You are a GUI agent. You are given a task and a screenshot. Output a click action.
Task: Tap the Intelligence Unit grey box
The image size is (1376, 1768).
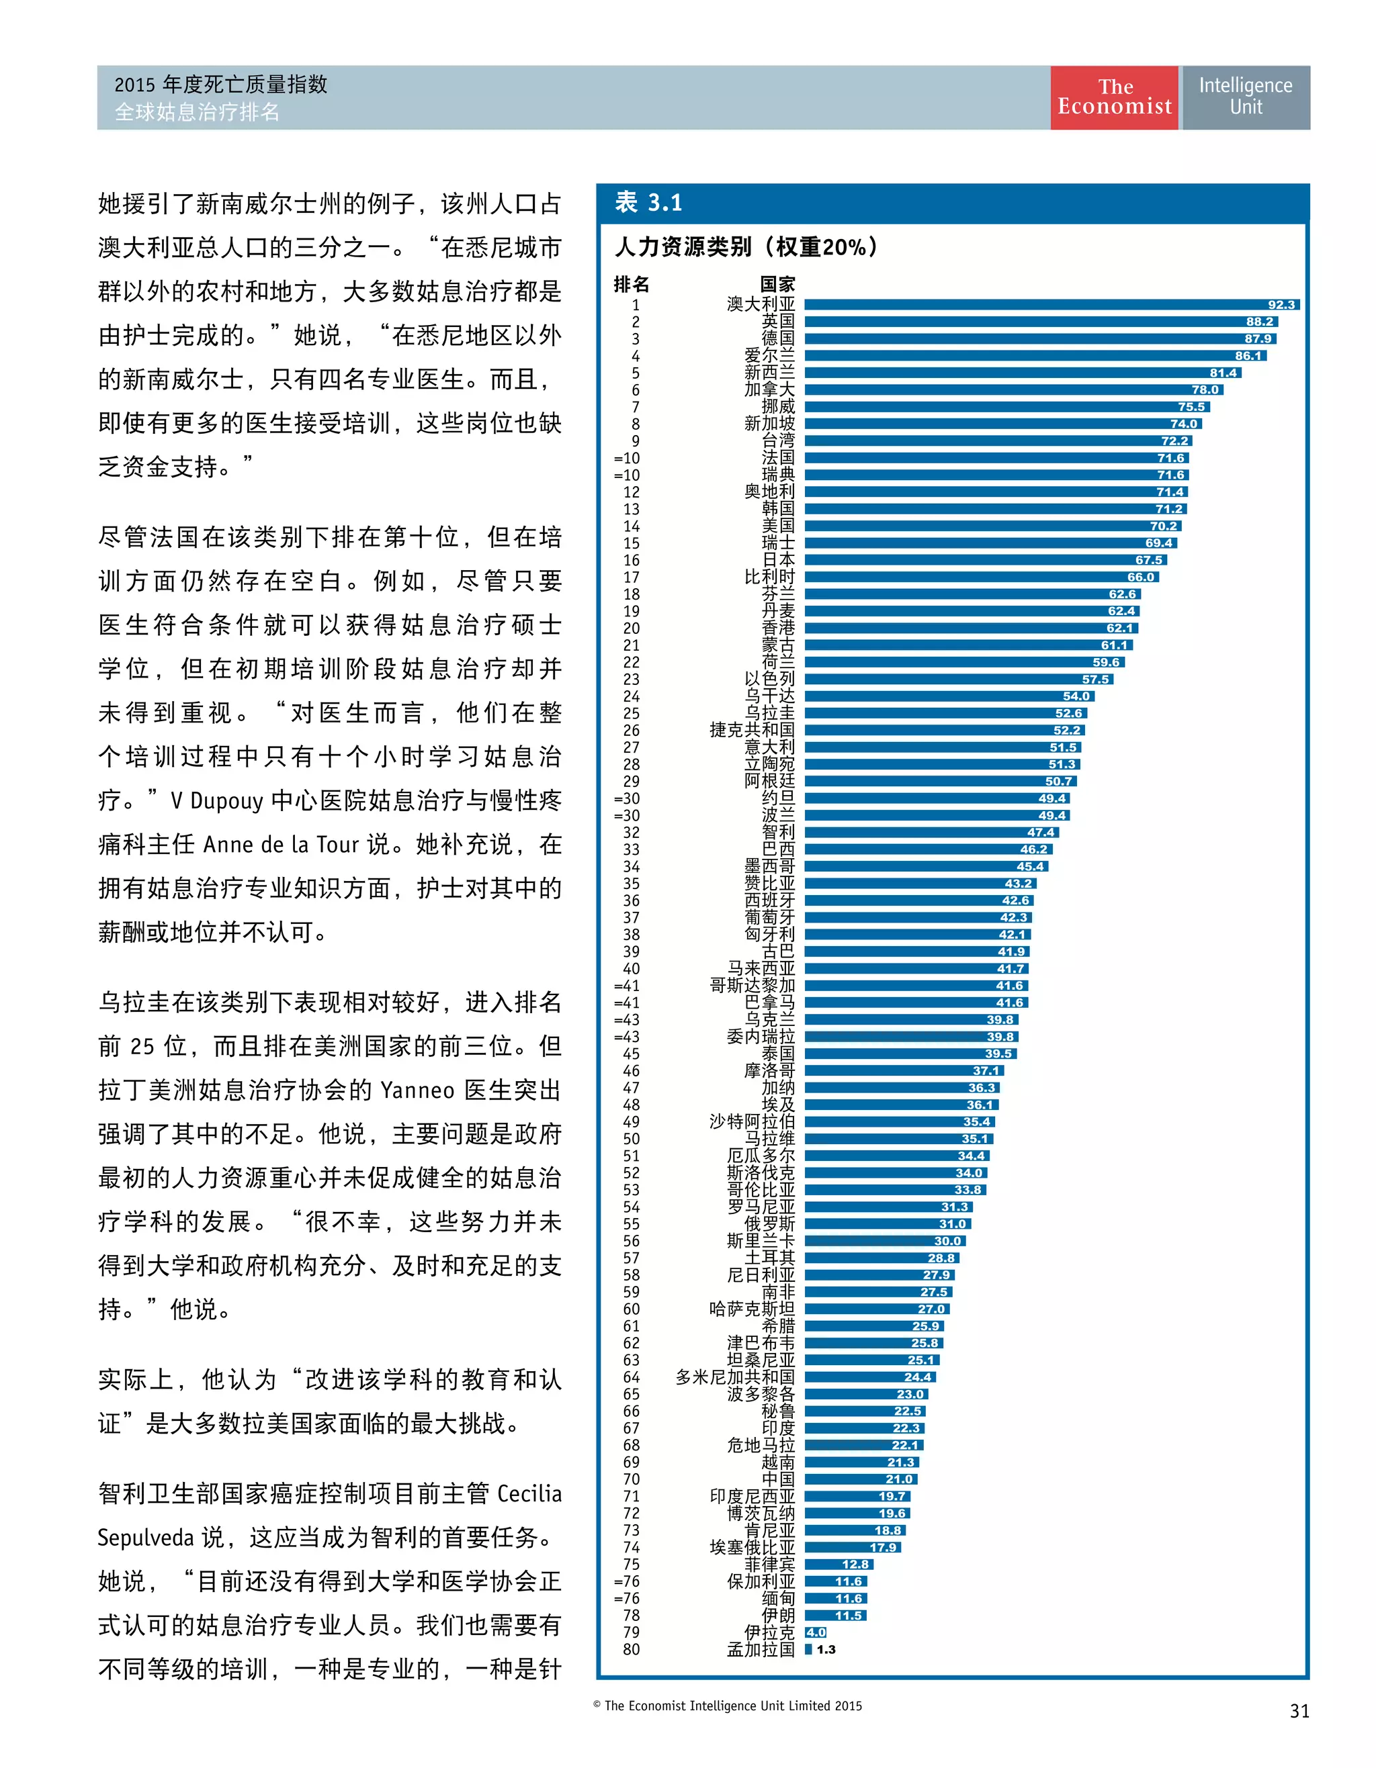coord(1245,97)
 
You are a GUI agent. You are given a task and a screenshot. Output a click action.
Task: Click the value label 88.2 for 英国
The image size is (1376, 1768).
coord(1258,322)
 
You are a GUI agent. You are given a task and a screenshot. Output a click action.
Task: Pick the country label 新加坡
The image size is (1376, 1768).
coord(769,424)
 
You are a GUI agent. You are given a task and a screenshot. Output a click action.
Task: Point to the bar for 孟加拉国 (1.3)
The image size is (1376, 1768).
coord(808,1650)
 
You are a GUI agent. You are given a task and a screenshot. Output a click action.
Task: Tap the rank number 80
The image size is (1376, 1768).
coord(631,1650)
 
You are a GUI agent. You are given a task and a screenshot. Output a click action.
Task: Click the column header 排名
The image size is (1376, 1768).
coord(631,284)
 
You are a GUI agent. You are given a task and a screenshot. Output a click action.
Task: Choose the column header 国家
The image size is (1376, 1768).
coord(777,284)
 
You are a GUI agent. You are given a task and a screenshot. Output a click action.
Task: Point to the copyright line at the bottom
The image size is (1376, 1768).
coord(727,1706)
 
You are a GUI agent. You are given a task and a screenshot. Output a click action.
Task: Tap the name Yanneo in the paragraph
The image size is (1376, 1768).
coord(417,1090)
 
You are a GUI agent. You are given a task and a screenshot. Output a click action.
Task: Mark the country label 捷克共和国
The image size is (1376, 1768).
coord(752,730)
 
